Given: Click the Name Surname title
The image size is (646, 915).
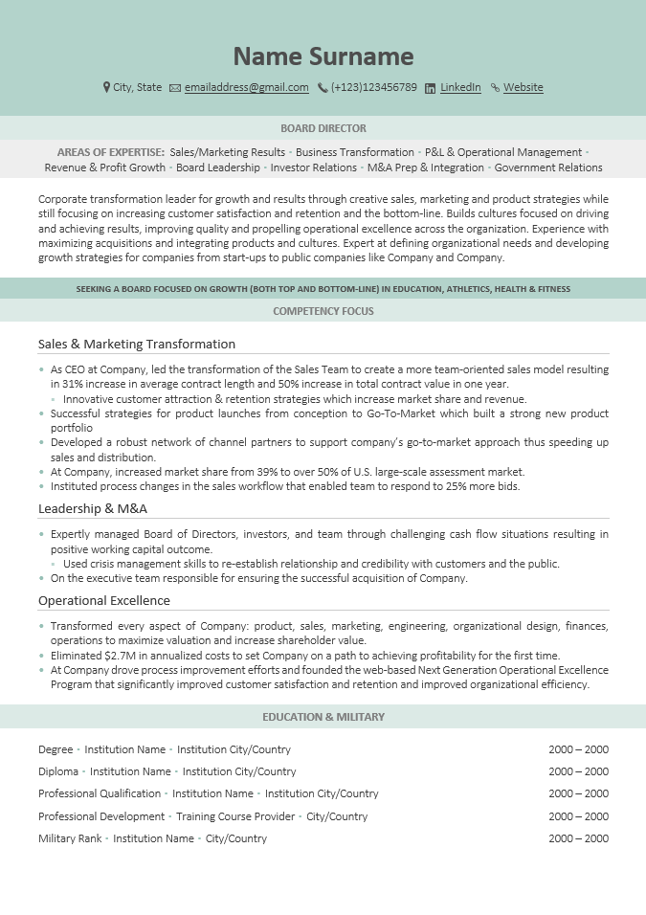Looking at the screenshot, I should (x=323, y=56).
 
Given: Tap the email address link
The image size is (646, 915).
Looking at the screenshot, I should (x=246, y=87).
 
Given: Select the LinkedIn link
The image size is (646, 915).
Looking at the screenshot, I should (x=460, y=87).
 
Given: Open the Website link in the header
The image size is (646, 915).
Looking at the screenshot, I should (x=523, y=87).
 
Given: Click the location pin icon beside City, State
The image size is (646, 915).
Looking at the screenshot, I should (x=106, y=87).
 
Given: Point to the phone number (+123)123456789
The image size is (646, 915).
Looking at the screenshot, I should (x=373, y=87).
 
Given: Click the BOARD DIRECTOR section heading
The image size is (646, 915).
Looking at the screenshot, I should (x=323, y=128).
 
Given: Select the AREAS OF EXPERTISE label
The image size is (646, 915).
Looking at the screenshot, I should (x=110, y=152).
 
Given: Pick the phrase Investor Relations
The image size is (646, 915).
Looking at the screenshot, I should (x=313, y=167).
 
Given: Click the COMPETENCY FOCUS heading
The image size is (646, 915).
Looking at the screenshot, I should (x=323, y=311).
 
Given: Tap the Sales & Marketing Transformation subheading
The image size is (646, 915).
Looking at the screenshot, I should (x=137, y=344).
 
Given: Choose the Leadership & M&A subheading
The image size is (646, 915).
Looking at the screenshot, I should (x=93, y=508).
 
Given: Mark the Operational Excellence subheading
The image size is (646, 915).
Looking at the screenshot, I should (x=104, y=600).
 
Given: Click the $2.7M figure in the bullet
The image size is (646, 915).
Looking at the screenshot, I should (x=116, y=656).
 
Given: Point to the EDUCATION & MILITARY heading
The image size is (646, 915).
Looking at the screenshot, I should (x=323, y=716).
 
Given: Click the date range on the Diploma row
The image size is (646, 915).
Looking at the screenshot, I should (x=578, y=771).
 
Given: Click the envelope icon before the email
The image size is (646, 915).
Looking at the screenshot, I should (x=175, y=88).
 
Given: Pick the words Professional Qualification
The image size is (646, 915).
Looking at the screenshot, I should (x=100, y=793).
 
